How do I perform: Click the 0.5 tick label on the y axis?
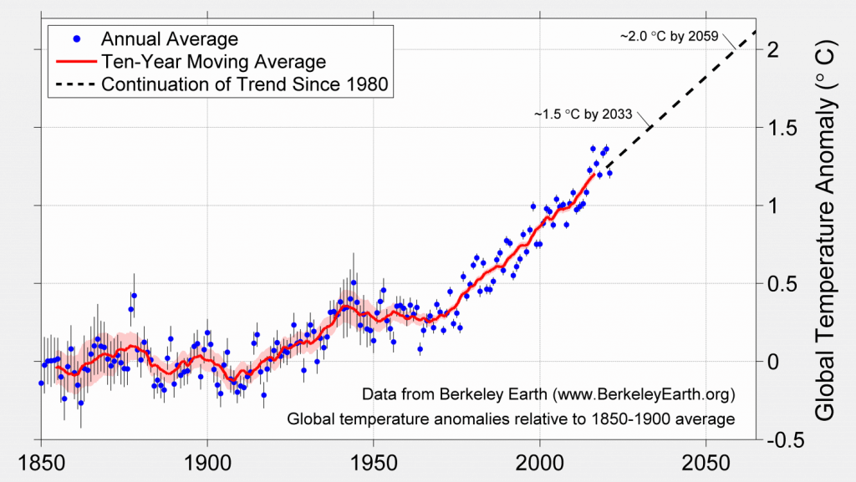click(x=781, y=284)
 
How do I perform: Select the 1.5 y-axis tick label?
click(x=781, y=128)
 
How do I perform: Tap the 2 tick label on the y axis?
click(x=773, y=50)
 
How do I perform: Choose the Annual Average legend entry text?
click(x=169, y=39)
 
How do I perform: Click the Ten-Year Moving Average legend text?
click(x=212, y=62)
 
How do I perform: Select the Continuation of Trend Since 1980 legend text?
click(x=246, y=84)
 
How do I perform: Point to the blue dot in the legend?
click(x=76, y=39)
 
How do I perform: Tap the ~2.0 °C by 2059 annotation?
click(x=669, y=38)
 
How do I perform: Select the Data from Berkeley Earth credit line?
click(x=548, y=393)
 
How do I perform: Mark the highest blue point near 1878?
click(x=134, y=296)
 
